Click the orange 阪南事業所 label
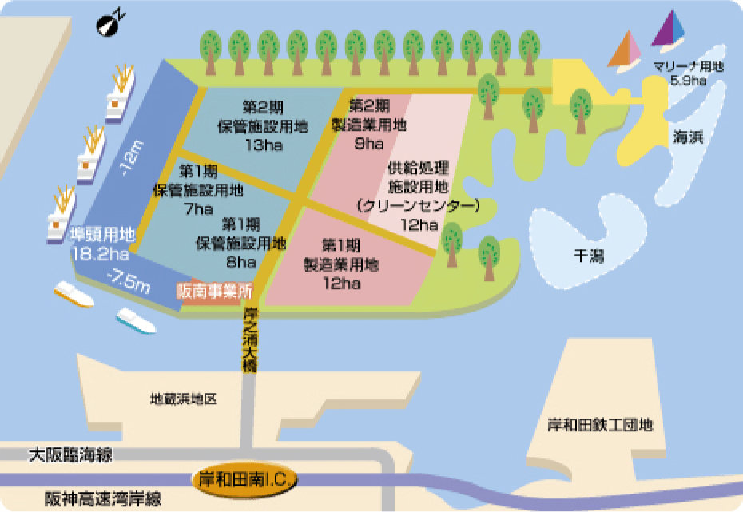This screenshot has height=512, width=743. [214, 291]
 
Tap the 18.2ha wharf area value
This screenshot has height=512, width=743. [100, 255]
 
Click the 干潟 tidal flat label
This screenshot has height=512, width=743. [589, 255]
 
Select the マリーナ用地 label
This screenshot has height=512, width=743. [688, 67]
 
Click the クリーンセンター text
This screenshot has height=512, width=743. [419, 206]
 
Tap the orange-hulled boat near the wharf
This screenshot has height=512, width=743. [74, 295]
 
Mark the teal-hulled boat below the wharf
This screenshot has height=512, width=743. [136, 320]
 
